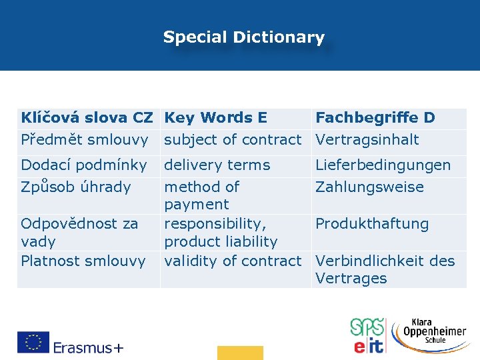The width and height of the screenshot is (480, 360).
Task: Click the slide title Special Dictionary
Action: click(x=243, y=37)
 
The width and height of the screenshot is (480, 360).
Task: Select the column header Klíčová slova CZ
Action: click(x=87, y=118)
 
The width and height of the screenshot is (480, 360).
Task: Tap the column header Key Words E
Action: click(x=215, y=118)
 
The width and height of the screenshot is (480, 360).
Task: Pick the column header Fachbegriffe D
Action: click(x=375, y=118)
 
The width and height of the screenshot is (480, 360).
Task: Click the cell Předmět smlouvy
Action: click(x=84, y=139)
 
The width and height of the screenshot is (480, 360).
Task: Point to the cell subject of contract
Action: click(x=233, y=139)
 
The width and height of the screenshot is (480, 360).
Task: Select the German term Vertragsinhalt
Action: click(x=367, y=139)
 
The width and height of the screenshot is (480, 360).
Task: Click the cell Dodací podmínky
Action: click(x=83, y=165)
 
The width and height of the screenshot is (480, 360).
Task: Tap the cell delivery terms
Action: click(x=217, y=165)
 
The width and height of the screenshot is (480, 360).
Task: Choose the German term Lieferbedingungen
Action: click(x=383, y=165)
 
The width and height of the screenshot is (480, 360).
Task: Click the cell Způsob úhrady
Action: click(x=75, y=187)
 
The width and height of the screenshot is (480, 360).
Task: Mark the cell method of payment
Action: click(x=201, y=195)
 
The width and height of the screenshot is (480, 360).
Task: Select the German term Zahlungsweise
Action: click(x=369, y=187)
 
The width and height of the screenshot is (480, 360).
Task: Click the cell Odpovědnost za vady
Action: click(x=79, y=232)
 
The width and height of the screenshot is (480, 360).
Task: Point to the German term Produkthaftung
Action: click(x=372, y=223)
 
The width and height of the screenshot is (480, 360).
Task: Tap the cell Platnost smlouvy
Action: click(x=83, y=261)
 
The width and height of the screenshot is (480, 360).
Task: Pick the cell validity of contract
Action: click(x=233, y=261)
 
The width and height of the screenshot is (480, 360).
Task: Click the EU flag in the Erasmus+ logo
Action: click(x=33, y=342)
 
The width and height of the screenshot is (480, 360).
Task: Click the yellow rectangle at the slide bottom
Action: click(x=240, y=353)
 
